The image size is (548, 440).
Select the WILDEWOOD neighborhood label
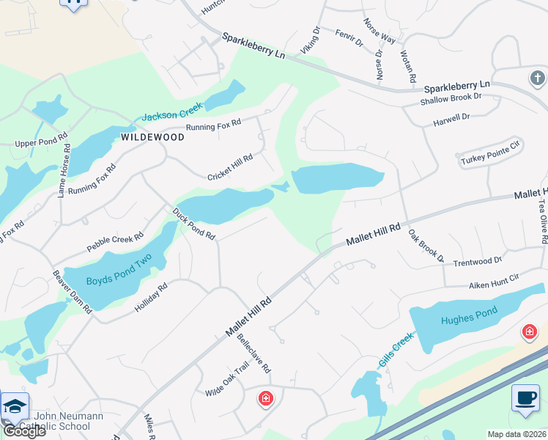coord(152,137)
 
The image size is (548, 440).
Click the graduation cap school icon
coord(15,406)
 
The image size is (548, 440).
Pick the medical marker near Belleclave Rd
coord(265,399)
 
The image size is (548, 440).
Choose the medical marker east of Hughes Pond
coord(529,332)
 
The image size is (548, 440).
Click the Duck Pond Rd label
coord(193,224)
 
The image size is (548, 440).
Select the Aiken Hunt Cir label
coord(494,278)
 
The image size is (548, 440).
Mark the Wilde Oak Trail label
coord(227,382)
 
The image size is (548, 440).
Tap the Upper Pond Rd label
coord(41,139)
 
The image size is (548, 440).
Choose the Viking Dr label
coord(311,41)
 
